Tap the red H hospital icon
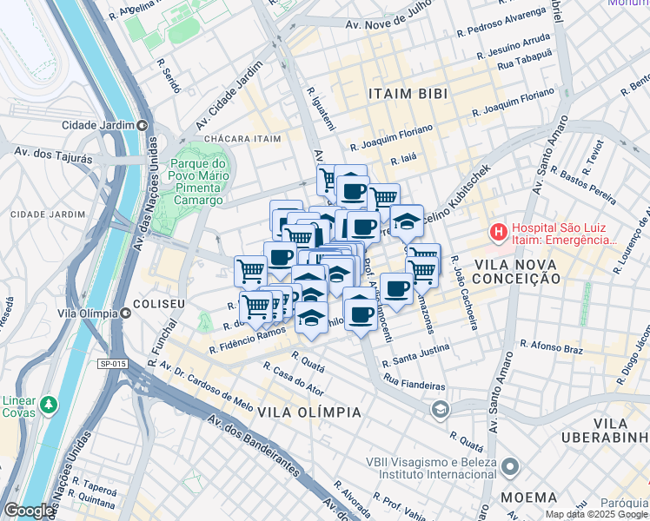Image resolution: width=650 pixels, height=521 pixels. point(499,232)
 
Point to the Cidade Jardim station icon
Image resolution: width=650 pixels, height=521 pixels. point(142,125)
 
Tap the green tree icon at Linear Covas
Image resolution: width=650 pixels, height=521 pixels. point(50,404)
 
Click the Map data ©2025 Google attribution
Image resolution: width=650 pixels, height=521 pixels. point(595,514)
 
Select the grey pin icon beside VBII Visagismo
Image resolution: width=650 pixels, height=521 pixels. point(510,468)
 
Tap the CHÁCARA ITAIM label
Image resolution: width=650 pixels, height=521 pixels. point(242,139)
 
